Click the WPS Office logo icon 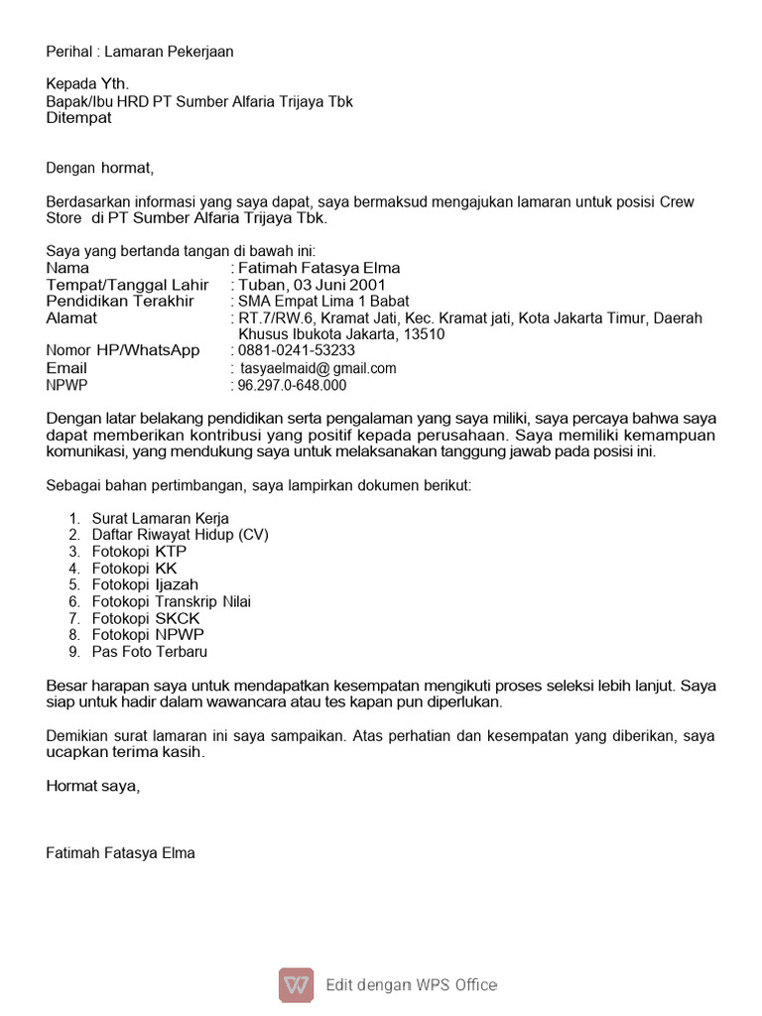pos(296,984)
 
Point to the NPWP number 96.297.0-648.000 pos(292,386)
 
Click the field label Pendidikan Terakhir pos(120,301)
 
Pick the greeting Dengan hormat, pos(100,168)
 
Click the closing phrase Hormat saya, pos(93,786)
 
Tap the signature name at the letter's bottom pos(120,852)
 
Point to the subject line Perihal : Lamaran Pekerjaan pos(140,52)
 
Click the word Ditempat pos(79,118)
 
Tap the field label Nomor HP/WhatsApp pos(123,350)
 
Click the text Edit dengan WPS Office pos(412,985)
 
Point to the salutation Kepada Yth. pos(87,83)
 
